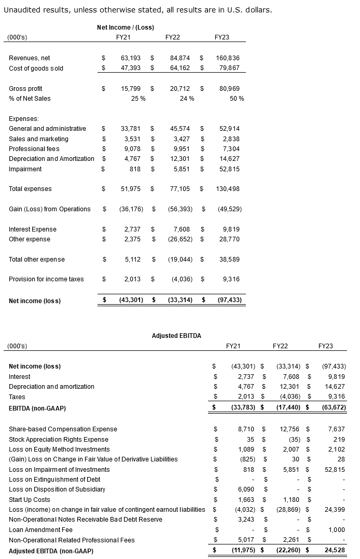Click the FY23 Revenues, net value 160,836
point(228,58)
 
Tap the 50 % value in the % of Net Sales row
point(237,99)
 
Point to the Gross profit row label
point(25,89)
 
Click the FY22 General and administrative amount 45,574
point(179,129)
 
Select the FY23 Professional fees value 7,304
point(230,149)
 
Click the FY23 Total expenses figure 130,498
point(228,189)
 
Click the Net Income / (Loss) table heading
point(125,27)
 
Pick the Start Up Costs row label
point(30,500)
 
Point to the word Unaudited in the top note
point(19,10)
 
